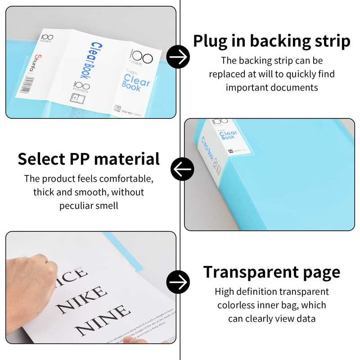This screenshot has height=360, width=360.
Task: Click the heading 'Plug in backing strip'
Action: coord(271,40)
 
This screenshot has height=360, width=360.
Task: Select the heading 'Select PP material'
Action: coord(89,159)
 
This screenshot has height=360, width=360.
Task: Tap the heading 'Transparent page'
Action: coord(271,272)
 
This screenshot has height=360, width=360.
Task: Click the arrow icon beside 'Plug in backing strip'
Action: coord(178,57)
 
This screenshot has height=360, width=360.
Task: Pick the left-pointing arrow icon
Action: coord(182,170)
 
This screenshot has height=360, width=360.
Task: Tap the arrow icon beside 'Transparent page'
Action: coord(178,282)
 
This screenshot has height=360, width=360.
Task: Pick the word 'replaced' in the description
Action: coord(229,74)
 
